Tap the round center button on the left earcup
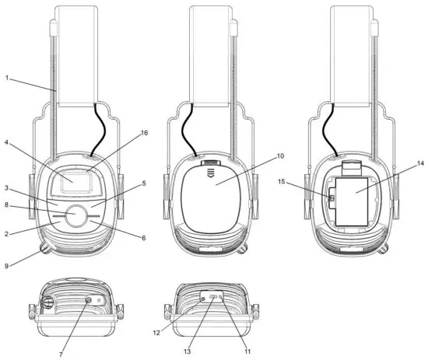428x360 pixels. (76, 217)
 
